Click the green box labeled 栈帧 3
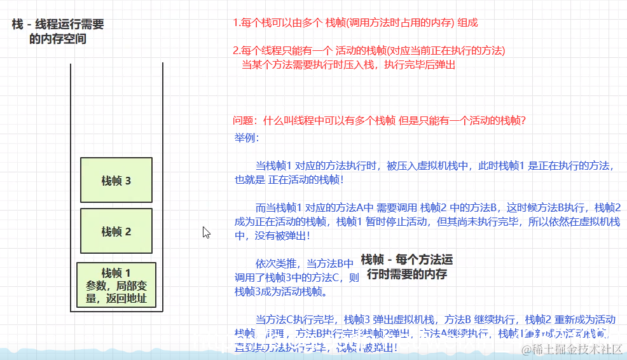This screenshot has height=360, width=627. [116, 180]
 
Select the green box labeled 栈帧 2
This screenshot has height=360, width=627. [116, 232]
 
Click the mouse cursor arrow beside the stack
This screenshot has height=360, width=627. [206, 232]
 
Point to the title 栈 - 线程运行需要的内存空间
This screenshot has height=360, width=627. [58, 31]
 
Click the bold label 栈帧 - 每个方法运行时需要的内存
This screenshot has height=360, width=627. [407, 267]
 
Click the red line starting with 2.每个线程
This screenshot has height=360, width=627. [369, 51]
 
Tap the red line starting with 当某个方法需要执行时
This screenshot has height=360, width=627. [348, 64]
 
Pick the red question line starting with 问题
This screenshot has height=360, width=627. [380, 121]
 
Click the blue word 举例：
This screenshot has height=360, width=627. [247, 138]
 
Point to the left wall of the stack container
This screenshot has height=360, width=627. [71, 191]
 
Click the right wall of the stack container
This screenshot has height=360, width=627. [163, 191]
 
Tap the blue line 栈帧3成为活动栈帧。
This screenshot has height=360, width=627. [281, 292]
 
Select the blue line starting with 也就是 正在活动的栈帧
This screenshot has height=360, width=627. [289, 179]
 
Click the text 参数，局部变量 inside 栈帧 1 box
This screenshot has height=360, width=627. [116, 286]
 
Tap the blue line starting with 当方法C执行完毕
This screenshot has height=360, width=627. [436, 319]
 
